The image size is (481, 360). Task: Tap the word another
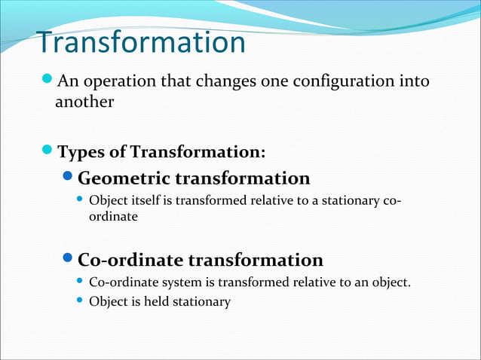click(84, 102)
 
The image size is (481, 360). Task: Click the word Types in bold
click(79, 153)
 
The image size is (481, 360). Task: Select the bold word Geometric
click(124, 178)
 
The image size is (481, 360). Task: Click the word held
click(154, 301)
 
